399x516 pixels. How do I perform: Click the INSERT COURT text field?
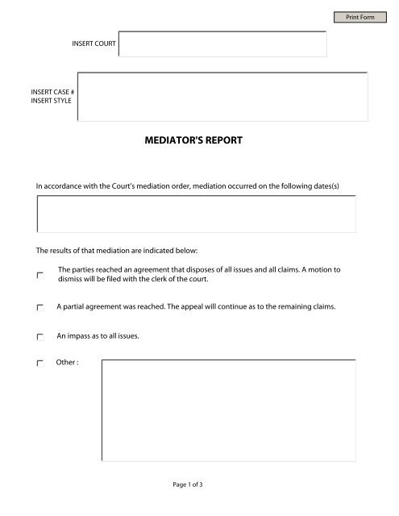(222, 44)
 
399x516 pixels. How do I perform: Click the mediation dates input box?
(197, 214)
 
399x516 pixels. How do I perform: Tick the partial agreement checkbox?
(40, 308)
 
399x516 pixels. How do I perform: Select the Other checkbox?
(40, 364)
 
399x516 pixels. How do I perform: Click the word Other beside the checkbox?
(66, 363)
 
